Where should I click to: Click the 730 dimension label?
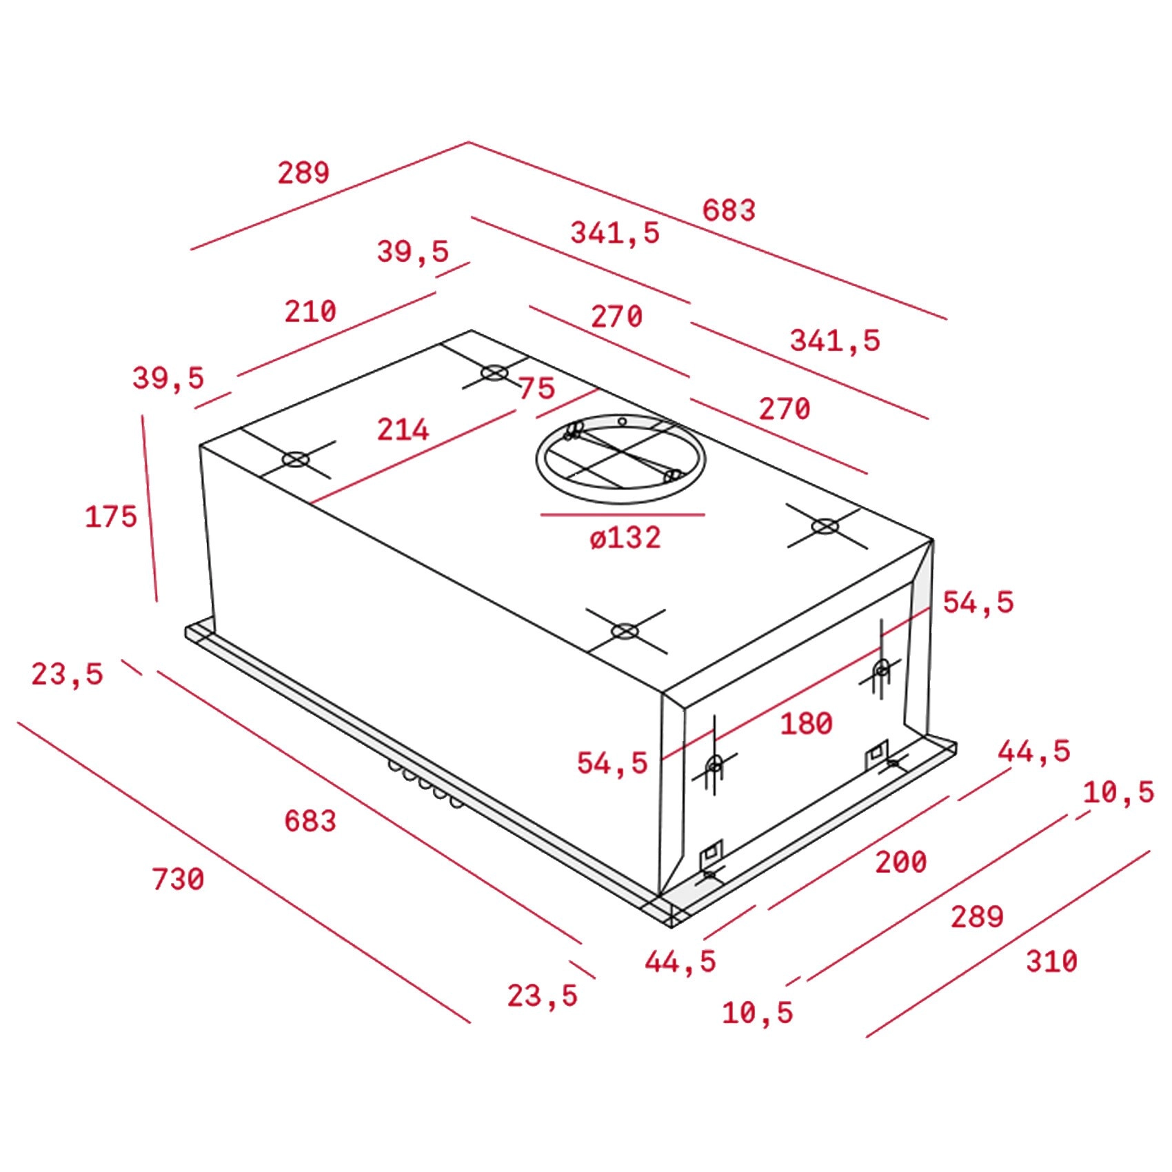click(178, 879)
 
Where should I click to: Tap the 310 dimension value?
click(1051, 961)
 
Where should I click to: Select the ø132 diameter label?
click(625, 538)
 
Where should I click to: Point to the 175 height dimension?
click(111, 516)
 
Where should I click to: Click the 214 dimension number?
click(403, 430)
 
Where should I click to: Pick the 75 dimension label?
click(537, 388)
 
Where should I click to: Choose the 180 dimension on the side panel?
click(806, 723)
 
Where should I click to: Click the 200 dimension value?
click(901, 862)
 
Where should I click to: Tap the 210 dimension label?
click(310, 312)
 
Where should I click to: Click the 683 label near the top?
click(729, 210)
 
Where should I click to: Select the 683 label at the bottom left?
click(310, 820)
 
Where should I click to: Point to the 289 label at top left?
click(303, 172)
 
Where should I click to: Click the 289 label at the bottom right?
click(977, 917)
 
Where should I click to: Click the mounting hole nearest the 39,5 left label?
click(296, 459)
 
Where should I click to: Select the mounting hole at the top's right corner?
click(825, 527)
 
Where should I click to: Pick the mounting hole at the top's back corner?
click(494, 373)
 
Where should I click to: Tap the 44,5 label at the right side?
click(1034, 751)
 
